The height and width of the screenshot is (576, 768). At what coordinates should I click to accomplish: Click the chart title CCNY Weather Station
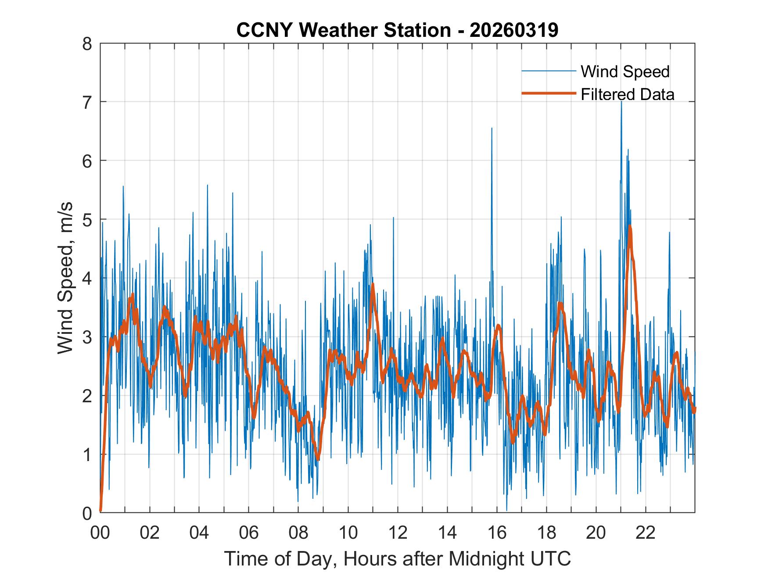[x=343, y=30]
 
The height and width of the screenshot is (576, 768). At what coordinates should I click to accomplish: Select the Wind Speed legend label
[x=625, y=72]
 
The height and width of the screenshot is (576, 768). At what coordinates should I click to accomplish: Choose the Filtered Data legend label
[x=627, y=94]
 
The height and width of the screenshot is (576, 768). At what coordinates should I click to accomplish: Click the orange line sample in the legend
[x=548, y=93]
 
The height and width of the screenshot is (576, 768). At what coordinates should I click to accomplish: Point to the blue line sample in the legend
[x=548, y=71]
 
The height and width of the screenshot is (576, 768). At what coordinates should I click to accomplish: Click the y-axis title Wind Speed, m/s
[x=65, y=278]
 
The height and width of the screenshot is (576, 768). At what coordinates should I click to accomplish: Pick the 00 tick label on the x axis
[x=100, y=533]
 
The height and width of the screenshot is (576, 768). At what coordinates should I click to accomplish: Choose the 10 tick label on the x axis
[x=348, y=533]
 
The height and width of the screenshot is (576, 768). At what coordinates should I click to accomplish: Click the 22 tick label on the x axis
[x=646, y=533]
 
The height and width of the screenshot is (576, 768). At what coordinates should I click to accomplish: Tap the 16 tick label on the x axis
[x=497, y=533]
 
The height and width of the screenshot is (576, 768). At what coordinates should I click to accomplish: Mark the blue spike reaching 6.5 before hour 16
[x=492, y=129]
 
